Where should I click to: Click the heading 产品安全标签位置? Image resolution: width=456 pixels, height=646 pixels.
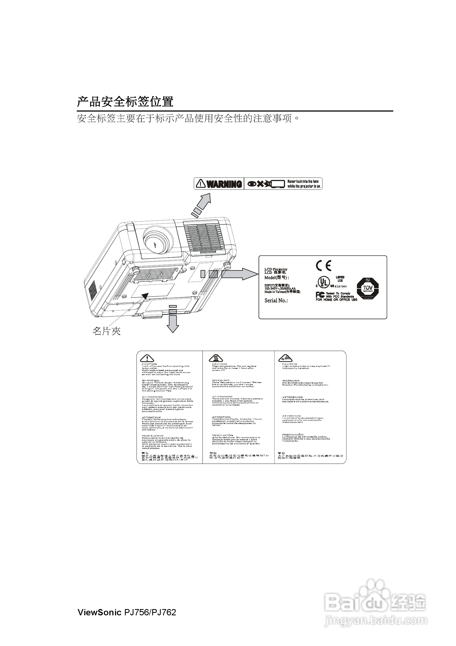(x=125, y=102)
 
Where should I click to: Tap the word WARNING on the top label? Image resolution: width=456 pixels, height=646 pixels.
(x=224, y=184)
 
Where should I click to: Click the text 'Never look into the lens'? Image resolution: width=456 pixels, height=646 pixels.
(x=303, y=182)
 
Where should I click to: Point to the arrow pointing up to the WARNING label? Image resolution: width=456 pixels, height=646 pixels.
(x=202, y=204)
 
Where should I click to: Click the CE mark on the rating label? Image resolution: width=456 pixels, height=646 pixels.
(x=324, y=265)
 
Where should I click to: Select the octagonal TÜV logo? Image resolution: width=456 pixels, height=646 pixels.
(x=368, y=289)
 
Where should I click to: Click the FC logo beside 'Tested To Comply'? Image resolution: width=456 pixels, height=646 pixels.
(x=320, y=294)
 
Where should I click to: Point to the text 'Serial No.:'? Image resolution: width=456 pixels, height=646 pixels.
(x=276, y=300)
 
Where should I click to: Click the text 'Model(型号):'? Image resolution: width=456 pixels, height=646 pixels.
(x=277, y=278)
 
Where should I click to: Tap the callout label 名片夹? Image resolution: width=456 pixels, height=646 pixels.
(x=106, y=331)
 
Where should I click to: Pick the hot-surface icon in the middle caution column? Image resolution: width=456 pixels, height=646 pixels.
(x=216, y=358)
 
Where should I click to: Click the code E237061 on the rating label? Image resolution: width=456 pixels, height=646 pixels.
(x=341, y=286)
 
